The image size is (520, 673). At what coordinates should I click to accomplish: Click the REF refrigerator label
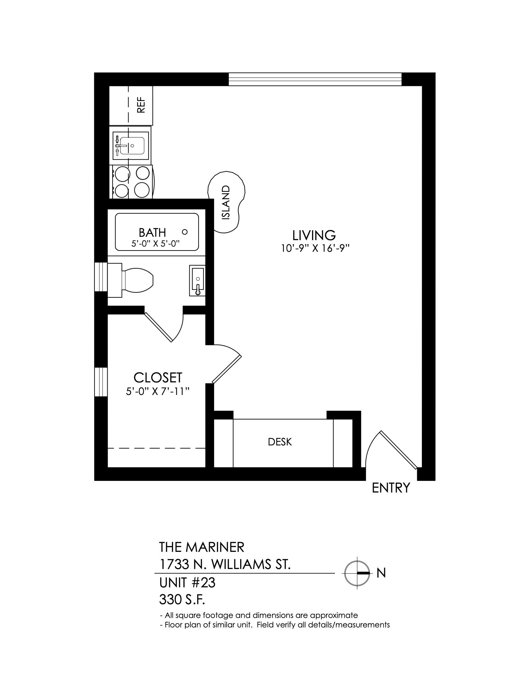[141, 105]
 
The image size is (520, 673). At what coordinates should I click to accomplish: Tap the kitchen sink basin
[132, 145]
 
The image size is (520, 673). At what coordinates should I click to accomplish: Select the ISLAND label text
[226, 202]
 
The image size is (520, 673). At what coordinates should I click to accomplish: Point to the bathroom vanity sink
[197, 281]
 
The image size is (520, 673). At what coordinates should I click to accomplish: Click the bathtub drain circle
[185, 232]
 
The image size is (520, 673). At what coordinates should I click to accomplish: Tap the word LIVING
[314, 235]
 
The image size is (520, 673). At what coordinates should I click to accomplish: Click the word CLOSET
[158, 377]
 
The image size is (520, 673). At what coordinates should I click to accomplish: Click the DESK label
[280, 442]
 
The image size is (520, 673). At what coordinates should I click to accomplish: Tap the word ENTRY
[391, 488]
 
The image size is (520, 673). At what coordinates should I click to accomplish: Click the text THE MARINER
[202, 547]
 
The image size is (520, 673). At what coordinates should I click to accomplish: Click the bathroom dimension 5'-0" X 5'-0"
[156, 244]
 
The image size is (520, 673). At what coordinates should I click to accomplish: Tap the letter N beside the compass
[381, 573]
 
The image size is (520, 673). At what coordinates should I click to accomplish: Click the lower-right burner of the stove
[142, 190]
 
